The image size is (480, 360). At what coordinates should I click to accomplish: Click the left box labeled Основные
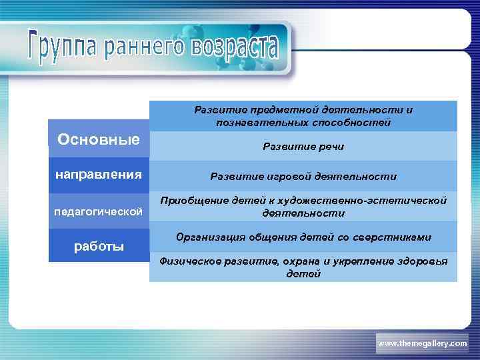[99, 139]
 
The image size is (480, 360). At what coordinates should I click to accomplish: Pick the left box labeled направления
[99, 175]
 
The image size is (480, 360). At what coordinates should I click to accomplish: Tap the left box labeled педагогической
[99, 211]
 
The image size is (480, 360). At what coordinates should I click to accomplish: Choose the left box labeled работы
[99, 246]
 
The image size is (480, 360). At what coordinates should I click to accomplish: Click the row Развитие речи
[303, 146]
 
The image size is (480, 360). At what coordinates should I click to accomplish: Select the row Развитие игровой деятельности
[303, 177]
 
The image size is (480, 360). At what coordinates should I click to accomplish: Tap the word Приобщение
[194, 201]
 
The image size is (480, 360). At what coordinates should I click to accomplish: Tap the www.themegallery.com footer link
[423, 343]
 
